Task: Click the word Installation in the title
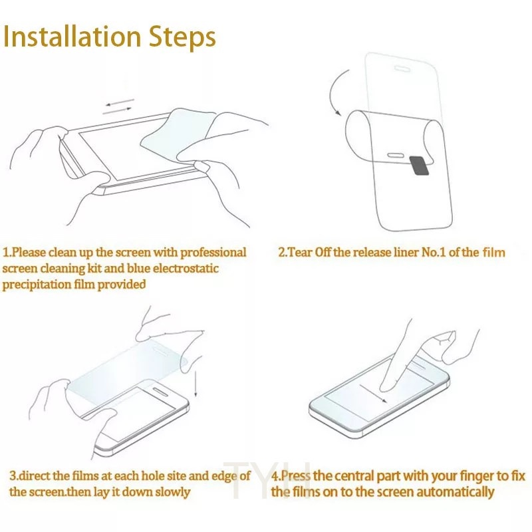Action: click(72, 37)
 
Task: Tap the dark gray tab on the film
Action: click(419, 166)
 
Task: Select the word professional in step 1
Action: click(213, 253)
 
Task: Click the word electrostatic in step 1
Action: click(186, 269)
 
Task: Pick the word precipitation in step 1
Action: click(37, 285)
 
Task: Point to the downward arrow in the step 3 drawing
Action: click(196, 384)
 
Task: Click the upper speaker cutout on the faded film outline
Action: click(402, 69)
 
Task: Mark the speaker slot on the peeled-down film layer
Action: click(396, 156)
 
